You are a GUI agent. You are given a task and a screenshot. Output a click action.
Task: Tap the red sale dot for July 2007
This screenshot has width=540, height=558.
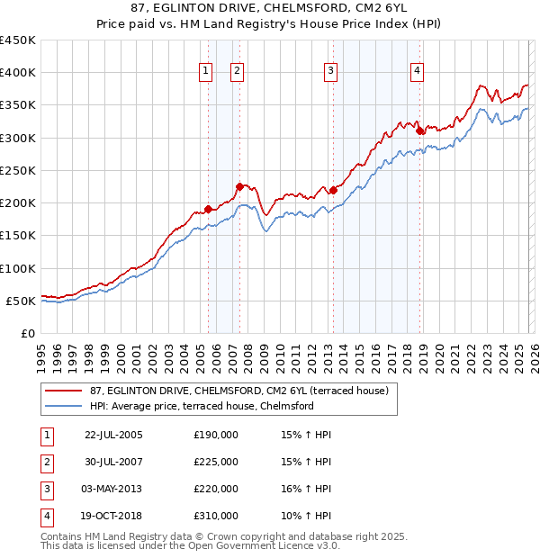pos(239,187)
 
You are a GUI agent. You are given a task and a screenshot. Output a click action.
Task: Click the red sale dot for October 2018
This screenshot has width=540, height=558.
pos(420,131)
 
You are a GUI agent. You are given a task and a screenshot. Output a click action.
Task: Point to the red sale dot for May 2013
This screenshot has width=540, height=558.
pos(332,190)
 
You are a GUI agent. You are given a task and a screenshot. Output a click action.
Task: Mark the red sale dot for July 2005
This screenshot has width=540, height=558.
pos(208,210)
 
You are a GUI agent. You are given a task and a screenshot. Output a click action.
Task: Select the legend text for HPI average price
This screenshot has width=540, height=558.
pos(201,406)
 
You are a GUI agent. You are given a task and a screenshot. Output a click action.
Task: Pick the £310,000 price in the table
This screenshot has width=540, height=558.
pos(215,517)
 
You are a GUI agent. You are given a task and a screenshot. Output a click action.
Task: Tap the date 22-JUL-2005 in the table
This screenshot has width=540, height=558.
pos(113,435)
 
